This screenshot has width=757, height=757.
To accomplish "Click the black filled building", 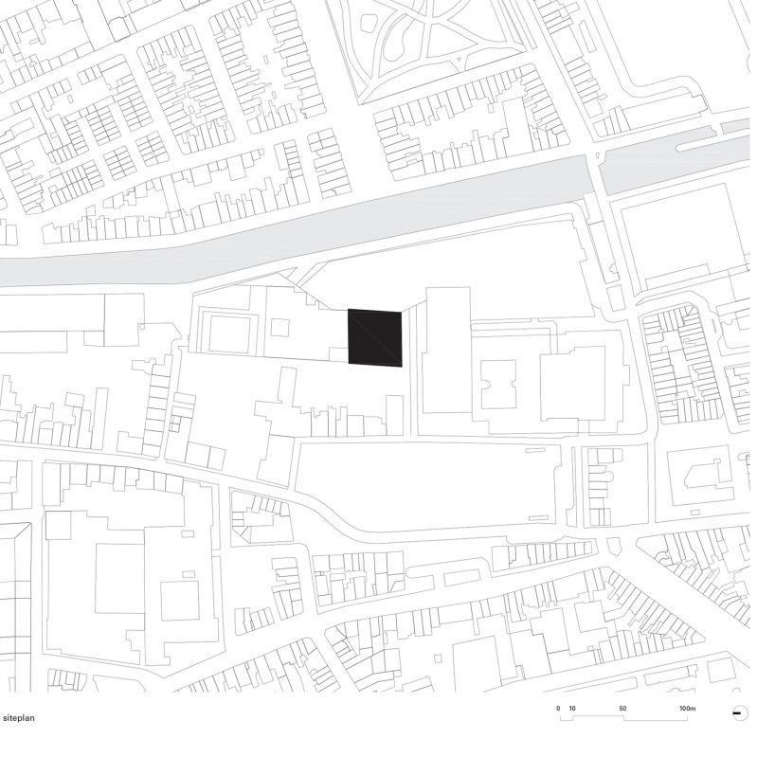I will (376, 337).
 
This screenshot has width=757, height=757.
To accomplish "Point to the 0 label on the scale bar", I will (559, 709).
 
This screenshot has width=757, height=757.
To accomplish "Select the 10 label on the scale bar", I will (572, 709).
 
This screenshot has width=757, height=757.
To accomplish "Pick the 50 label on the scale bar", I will (622, 709).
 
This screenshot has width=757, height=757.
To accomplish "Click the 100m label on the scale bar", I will (687, 709).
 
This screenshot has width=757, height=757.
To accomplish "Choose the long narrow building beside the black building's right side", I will (445, 351).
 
